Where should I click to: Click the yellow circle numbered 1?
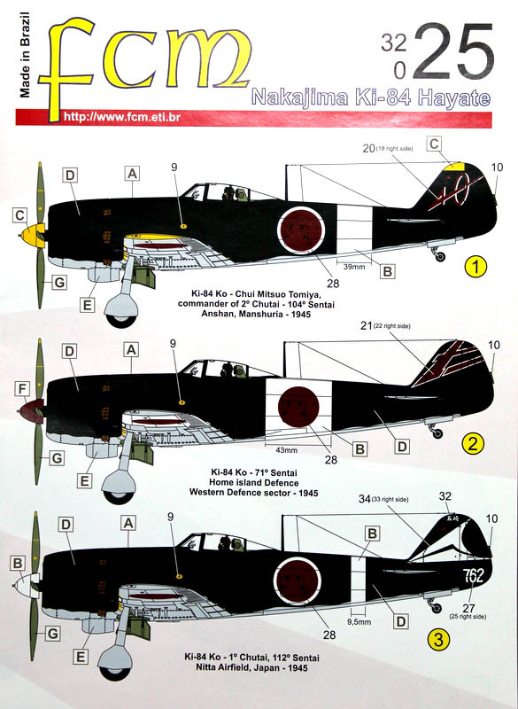click(475, 267)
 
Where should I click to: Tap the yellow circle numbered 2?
click(473, 444)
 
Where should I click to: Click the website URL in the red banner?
click(122, 117)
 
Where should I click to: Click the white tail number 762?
click(473, 575)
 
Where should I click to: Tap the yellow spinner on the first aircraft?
click(32, 235)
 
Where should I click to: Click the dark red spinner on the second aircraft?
click(31, 411)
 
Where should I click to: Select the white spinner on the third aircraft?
click(27, 586)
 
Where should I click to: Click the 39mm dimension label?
click(354, 267)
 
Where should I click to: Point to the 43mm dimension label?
click(286, 450)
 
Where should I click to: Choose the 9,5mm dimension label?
click(359, 622)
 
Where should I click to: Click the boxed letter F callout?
click(22, 389)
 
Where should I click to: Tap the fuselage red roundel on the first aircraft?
click(301, 230)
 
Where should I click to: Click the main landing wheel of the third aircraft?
click(116, 662)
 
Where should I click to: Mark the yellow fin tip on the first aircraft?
click(455, 166)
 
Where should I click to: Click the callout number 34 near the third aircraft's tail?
click(365, 499)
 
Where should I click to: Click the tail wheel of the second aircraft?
click(437, 433)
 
